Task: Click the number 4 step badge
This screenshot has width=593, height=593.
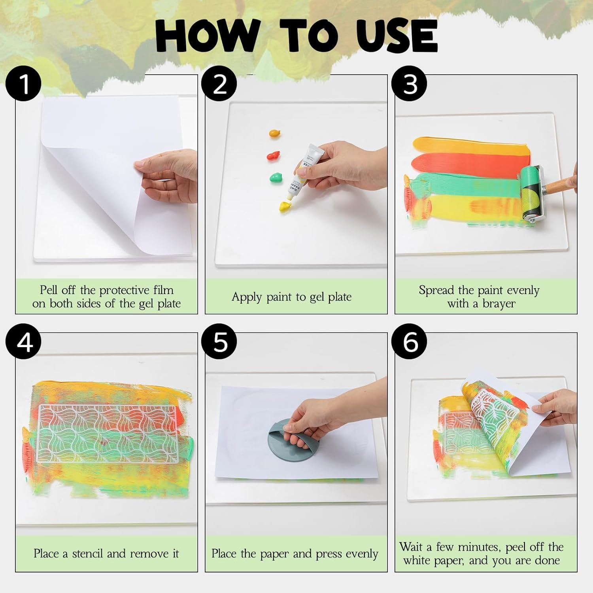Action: coord(23,342)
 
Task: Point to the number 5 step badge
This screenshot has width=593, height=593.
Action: coord(219,342)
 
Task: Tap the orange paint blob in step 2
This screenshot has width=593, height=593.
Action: coord(274,133)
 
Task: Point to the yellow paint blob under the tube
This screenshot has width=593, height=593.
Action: coord(285,206)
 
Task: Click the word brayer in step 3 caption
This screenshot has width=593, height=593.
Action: coord(499,304)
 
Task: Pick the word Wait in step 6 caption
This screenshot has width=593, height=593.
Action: coord(411,547)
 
